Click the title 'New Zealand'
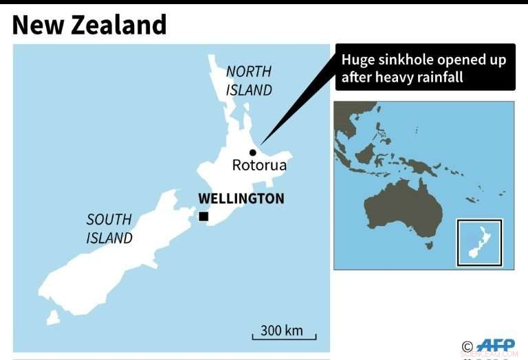(89, 25)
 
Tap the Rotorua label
(259, 166)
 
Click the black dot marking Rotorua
(252, 153)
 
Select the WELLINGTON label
(241, 199)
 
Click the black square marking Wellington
(203, 216)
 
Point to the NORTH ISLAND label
(249, 80)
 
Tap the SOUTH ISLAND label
(109, 229)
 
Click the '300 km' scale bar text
(282, 330)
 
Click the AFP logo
(496, 346)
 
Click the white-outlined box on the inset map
(480, 242)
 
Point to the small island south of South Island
(52, 317)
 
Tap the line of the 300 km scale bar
(285, 338)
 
